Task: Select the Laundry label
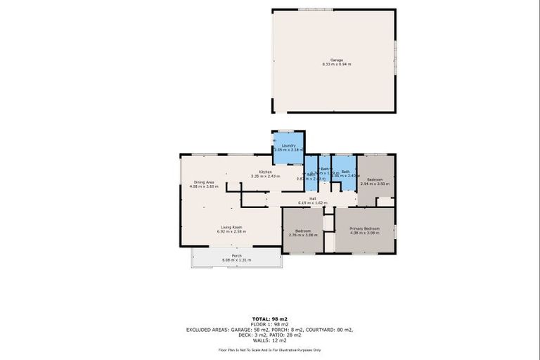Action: (288, 146)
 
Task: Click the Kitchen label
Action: (265, 172)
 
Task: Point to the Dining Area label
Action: (205, 182)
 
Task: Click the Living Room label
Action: (232, 226)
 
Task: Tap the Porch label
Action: (236, 256)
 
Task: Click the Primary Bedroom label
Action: (364, 229)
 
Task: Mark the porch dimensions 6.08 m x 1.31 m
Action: (236, 260)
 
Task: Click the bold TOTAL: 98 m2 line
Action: (269, 319)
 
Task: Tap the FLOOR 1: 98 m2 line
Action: (269, 323)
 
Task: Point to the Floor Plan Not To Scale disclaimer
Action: (269, 349)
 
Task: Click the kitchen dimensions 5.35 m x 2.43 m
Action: (265, 176)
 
